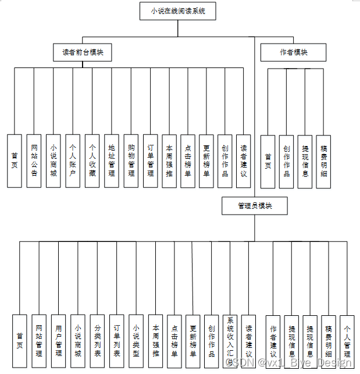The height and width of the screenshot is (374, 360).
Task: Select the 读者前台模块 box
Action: [x=83, y=52]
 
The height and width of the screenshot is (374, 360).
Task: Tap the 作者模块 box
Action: [x=294, y=52]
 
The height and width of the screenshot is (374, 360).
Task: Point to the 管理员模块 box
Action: [x=255, y=206]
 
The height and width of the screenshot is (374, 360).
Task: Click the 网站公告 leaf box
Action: [x=34, y=161]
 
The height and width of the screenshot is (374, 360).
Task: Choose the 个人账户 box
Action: [x=73, y=161]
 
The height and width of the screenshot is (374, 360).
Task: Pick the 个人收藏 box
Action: [x=92, y=161]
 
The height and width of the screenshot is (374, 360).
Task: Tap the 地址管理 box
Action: [x=112, y=161]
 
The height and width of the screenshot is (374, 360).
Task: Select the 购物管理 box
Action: [x=131, y=161]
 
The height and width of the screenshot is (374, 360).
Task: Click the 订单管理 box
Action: [x=151, y=161]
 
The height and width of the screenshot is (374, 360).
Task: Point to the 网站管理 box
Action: [x=39, y=341]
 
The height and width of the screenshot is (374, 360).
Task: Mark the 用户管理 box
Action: [x=58, y=341]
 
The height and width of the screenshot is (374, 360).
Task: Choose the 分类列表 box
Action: [x=97, y=341]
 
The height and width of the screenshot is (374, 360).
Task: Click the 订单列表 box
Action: [x=116, y=341]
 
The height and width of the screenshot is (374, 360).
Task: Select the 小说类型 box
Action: [x=136, y=341]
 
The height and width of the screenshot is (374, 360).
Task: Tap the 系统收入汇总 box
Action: [x=230, y=341]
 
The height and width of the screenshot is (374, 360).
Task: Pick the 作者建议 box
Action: [x=273, y=341]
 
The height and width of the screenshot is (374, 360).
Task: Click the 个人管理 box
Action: [x=347, y=341]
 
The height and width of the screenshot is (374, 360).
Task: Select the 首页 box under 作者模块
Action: [x=268, y=161]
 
